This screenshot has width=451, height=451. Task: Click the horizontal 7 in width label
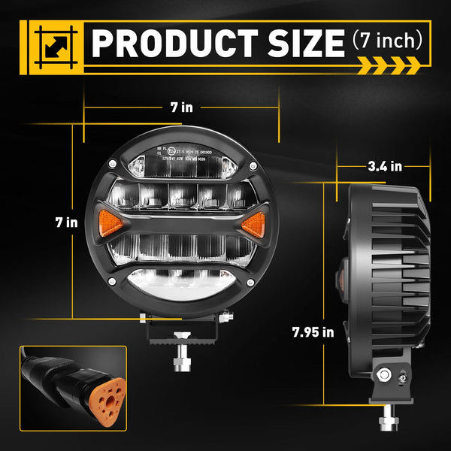(180, 107)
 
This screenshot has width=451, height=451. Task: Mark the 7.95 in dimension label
(313, 331)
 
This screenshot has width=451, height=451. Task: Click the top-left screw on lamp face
(112, 164)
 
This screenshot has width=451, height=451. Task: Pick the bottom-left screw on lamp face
(112, 281)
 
